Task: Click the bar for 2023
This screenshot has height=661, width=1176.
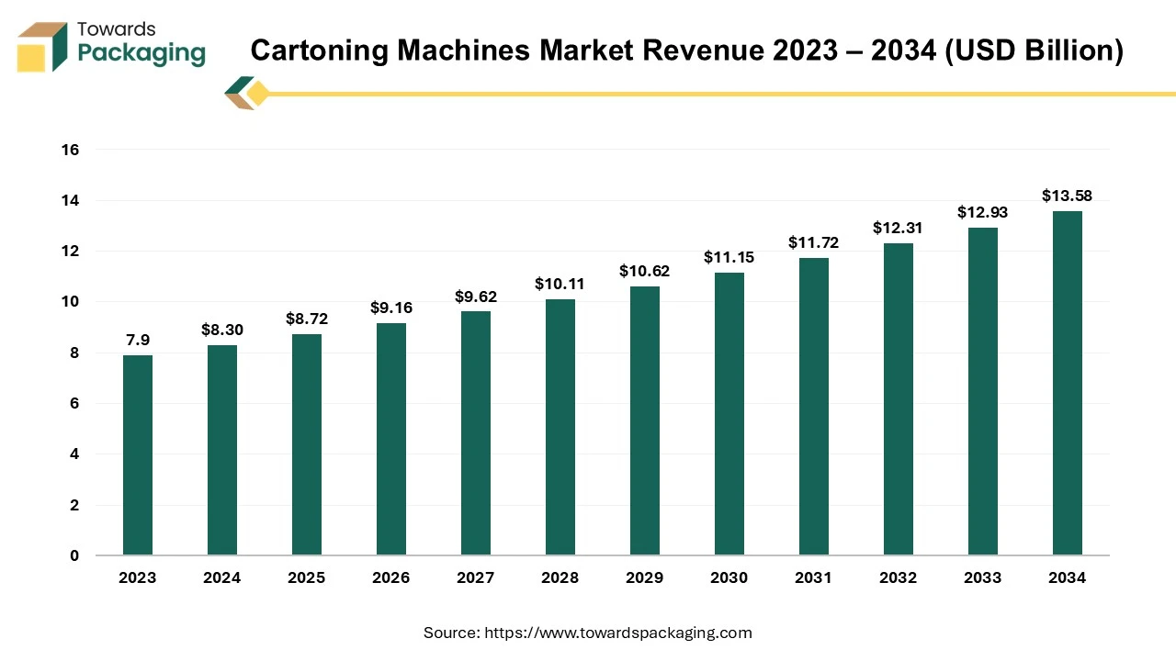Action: (138, 455)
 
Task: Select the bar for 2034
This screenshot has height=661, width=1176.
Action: (1068, 384)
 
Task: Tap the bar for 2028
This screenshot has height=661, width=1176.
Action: (560, 428)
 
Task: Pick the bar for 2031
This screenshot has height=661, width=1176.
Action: (814, 407)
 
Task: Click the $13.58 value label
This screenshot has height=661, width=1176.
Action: (1067, 196)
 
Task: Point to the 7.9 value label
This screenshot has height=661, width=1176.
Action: (138, 340)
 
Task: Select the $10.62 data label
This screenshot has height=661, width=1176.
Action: (644, 271)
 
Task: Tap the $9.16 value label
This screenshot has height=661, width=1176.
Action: (391, 308)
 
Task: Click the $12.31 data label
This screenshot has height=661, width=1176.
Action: (898, 228)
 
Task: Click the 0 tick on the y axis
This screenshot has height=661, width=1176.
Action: (74, 555)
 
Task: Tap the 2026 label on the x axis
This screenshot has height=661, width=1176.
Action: (391, 577)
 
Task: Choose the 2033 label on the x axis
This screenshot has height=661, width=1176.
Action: (982, 577)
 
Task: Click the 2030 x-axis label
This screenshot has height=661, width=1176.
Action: (729, 577)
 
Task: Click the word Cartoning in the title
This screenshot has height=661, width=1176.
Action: (318, 50)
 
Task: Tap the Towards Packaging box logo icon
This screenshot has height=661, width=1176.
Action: (42, 48)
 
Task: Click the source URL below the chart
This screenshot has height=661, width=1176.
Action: (617, 633)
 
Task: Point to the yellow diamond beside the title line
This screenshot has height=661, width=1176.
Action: (258, 94)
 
